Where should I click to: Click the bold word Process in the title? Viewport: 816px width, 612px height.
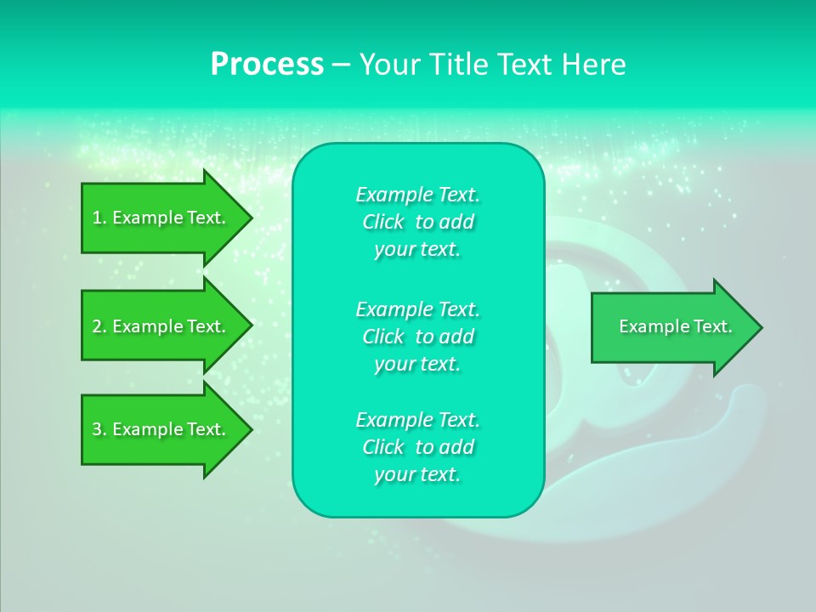click(267, 65)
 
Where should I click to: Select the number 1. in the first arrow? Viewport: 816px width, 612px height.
click(99, 218)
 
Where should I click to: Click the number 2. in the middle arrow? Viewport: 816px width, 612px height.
click(99, 326)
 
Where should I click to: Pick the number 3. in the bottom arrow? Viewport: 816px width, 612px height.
click(99, 429)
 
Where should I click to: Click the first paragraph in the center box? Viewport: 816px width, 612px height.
click(417, 222)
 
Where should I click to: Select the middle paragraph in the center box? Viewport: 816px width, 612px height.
click(417, 337)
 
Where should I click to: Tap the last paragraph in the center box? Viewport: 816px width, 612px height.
click(417, 447)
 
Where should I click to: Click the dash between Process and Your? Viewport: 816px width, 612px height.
click(342, 65)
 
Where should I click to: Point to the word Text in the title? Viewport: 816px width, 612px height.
click(525, 65)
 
